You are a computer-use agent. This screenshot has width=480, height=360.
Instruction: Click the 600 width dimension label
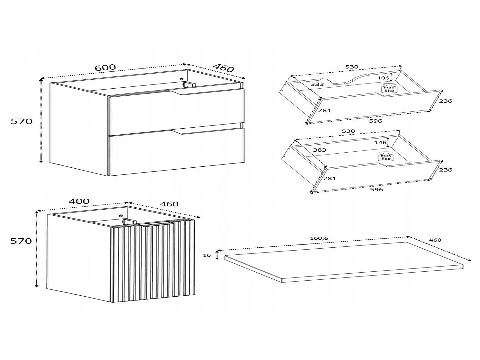(x=105, y=67)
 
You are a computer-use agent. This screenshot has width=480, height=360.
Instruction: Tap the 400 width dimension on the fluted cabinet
(x=79, y=201)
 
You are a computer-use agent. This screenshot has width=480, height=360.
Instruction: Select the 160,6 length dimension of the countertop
(x=319, y=238)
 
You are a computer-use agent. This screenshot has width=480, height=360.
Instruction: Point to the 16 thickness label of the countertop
(x=207, y=255)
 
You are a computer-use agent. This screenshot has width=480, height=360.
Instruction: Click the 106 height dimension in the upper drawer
(x=383, y=78)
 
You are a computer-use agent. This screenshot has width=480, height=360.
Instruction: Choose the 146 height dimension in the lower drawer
(x=380, y=142)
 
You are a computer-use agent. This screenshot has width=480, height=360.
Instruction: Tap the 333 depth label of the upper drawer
(x=317, y=84)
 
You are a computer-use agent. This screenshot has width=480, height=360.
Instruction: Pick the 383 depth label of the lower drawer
(x=319, y=150)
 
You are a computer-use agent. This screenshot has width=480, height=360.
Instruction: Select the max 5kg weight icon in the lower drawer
(x=386, y=156)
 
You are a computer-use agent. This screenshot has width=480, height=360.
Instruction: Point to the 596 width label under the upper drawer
(x=375, y=121)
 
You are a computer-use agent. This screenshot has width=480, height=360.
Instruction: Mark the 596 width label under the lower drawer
(x=376, y=189)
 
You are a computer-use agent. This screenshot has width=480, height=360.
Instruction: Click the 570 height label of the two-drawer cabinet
(x=21, y=121)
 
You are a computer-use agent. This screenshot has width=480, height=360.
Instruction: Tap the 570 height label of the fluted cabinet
(x=21, y=241)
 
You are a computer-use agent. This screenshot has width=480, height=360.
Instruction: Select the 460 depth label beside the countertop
(x=435, y=240)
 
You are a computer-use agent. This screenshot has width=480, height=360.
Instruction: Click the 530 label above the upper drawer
(x=352, y=67)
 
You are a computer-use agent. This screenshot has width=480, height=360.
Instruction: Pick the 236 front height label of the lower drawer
(x=445, y=170)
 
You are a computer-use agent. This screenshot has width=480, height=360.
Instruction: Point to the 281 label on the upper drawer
(x=324, y=110)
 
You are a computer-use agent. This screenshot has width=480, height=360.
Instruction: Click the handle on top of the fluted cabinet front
(x=156, y=224)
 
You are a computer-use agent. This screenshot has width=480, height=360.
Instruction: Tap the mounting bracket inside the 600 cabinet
(x=189, y=84)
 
